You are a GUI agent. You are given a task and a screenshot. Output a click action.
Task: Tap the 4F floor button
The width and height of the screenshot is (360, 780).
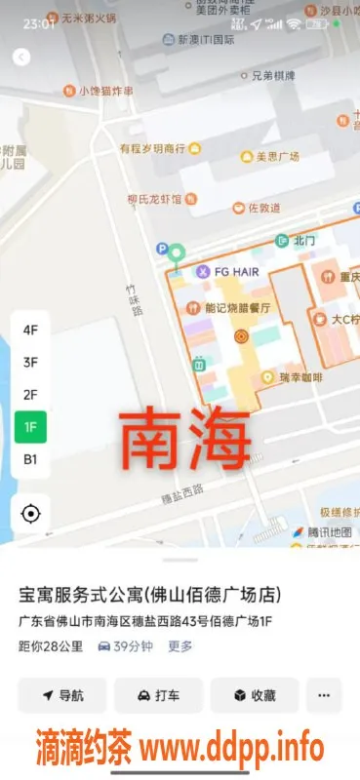30,330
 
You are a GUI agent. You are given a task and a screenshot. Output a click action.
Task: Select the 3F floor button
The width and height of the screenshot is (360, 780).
30,363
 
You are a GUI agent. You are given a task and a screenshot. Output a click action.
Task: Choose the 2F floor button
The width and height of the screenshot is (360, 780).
30,395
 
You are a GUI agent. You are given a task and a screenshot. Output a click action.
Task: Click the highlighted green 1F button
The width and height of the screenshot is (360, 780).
30,427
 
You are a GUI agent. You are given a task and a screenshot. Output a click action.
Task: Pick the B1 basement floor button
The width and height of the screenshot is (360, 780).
30,459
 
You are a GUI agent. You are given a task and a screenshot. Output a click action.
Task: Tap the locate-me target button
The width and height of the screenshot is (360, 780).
30,514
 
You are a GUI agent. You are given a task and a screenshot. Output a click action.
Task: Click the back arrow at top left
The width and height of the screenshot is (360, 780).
21,57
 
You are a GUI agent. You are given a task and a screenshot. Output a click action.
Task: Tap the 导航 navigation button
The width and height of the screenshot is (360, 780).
61,695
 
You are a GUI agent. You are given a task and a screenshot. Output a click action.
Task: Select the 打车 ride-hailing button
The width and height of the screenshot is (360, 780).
158,695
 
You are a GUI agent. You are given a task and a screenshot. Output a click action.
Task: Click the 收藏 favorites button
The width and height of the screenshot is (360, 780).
255,695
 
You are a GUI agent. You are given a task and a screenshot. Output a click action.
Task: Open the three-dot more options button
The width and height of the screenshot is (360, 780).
323,695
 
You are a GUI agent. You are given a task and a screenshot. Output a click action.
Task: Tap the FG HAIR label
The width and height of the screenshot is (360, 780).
230,271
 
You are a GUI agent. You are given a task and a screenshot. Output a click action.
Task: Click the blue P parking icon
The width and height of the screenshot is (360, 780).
163,250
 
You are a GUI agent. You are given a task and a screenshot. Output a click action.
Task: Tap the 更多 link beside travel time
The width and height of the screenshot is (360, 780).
180,645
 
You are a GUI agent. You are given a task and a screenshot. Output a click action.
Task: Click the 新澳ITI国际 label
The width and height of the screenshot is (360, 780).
204,40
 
